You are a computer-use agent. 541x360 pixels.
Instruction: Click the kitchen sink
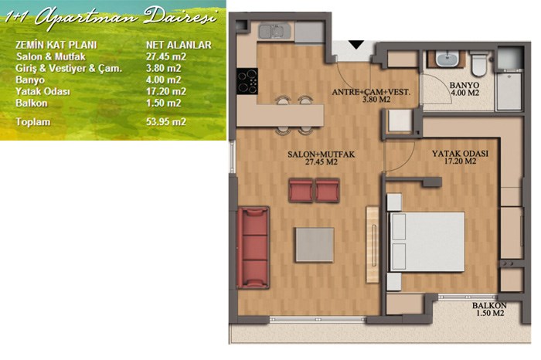(x=274, y=32)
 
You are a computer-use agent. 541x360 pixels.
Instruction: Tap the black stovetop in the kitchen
(x=247, y=81)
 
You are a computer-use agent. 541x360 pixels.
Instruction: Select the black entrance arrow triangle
(x=356, y=45)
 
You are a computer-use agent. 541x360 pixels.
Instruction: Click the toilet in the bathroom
(x=479, y=63)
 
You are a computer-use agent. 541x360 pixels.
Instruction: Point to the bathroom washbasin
(x=447, y=59)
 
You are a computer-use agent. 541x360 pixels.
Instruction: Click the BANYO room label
(x=464, y=85)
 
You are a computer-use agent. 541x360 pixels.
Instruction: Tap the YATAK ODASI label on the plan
(x=460, y=154)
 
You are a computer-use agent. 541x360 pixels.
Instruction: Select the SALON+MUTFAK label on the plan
(x=321, y=155)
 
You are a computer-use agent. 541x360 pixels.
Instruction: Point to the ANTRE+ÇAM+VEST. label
(x=371, y=92)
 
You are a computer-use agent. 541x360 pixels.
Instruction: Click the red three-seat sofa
(x=253, y=247)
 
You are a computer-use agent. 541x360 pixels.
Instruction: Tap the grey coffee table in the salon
(x=315, y=245)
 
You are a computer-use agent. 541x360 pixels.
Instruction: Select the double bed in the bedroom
(x=427, y=242)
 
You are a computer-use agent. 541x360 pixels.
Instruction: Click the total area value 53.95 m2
(x=166, y=122)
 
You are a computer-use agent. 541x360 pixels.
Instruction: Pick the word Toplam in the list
(x=32, y=122)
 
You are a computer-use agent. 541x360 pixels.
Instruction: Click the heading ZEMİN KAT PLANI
(x=56, y=45)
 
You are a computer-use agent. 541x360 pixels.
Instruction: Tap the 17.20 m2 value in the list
(x=166, y=91)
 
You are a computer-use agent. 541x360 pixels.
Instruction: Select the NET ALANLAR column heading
(x=179, y=45)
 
